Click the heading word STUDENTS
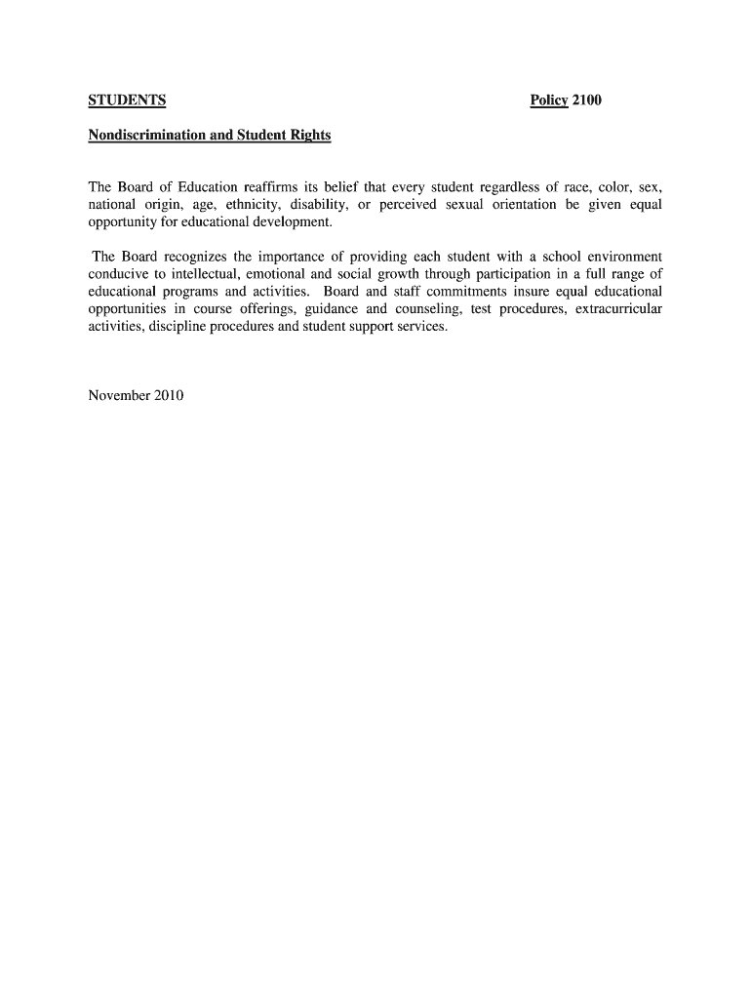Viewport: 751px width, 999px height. pos(127,100)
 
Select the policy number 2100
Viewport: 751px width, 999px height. pos(587,100)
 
